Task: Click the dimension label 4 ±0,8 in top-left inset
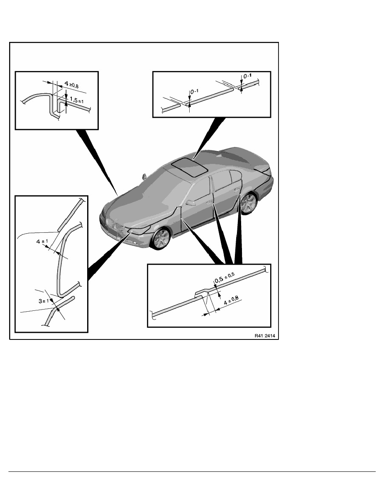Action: pos(71,84)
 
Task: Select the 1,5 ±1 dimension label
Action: pos(77,100)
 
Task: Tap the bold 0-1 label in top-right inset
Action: pos(247,76)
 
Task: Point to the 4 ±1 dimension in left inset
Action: pos(42,242)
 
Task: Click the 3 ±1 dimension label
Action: pos(44,301)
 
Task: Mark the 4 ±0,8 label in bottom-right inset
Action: pos(231,300)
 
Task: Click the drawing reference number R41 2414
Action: pos(265,335)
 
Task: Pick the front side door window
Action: pos(198,191)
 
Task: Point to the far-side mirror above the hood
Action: pos(144,176)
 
